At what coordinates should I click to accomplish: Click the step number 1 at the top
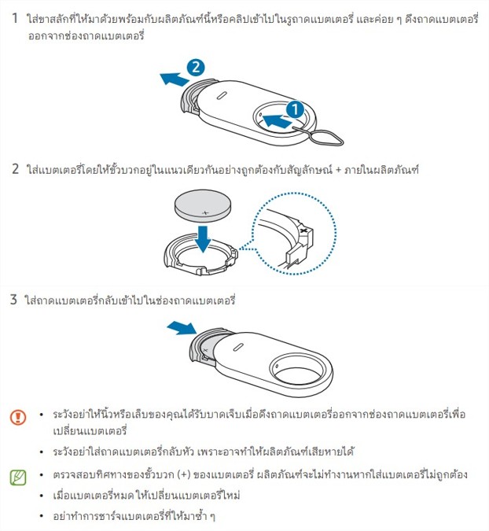(15, 18)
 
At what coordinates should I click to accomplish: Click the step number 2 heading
(15, 168)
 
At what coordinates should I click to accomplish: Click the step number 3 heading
(13, 300)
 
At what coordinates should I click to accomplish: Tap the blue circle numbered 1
(295, 109)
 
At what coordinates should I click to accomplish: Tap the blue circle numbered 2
(196, 67)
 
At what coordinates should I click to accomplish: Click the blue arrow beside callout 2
(174, 79)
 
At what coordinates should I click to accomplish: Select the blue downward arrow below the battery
(203, 238)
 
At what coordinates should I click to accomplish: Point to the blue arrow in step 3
(182, 328)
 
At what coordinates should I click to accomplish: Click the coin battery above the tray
(203, 205)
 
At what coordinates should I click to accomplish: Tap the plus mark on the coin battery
(205, 213)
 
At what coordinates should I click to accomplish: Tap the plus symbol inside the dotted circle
(303, 230)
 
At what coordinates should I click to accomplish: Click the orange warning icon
(18, 417)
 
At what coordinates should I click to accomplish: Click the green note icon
(18, 478)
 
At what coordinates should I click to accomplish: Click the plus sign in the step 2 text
(338, 169)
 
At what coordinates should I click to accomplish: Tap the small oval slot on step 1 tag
(222, 95)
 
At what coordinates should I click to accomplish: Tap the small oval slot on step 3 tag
(238, 348)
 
